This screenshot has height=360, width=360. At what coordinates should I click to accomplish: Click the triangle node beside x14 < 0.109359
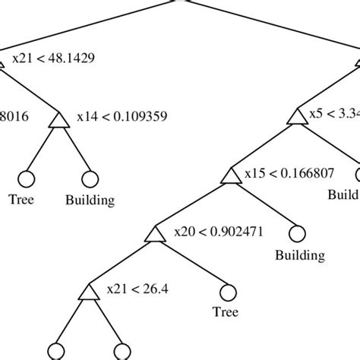pos(58,121)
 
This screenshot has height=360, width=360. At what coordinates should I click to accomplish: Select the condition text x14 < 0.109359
pos(122,117)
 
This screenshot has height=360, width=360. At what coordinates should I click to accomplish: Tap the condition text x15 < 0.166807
pos(289,174)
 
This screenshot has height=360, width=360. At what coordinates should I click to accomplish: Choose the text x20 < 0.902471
pos(219,232)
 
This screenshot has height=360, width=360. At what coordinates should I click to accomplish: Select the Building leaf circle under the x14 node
pos(90,179)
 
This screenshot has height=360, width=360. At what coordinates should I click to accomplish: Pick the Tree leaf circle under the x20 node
pos(229,292)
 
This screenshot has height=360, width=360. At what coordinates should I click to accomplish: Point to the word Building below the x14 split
pos(90,201)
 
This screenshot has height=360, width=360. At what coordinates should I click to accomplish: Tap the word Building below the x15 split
pos(299,256)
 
